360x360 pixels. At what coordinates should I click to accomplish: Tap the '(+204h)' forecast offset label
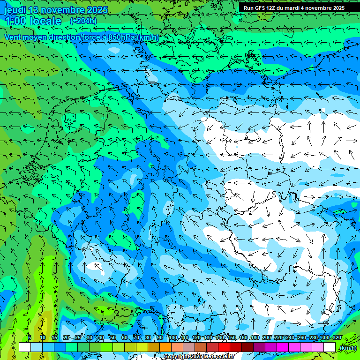(x=83, y=21)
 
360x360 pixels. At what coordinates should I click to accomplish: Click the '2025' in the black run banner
(x=337, y=8)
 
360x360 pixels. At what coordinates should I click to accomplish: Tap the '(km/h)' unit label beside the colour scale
(x=348, y=348)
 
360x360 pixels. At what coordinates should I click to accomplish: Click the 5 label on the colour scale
(x=30, y=337)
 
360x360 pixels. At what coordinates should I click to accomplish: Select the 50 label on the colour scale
(x=112, y=337)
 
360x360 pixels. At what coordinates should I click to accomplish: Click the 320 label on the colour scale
(x=337, y=337)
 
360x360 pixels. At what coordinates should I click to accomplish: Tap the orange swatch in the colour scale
(x=165, y=347)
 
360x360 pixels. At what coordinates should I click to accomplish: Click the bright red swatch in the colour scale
(x=224, y=347)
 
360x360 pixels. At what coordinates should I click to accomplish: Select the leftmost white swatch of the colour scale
(x=25, y=347)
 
